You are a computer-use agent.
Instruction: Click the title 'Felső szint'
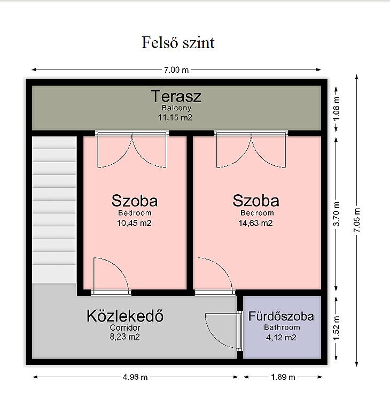178,42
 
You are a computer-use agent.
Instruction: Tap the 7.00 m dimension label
176,70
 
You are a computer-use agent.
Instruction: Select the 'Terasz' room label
176,96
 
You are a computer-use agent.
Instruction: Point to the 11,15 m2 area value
175,117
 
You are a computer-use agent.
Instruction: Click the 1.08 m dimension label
337,109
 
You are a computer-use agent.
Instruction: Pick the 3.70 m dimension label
337,214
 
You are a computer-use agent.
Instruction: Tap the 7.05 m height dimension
357,220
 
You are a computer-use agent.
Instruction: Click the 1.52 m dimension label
337,327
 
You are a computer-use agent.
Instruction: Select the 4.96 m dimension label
135,377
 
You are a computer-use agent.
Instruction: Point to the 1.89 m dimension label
283,377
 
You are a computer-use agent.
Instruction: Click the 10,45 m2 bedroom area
134,223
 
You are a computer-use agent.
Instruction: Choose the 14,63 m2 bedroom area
256,223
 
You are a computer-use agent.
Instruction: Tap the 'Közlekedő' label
125,316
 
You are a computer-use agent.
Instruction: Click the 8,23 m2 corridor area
125,337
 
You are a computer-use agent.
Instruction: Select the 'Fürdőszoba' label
281,316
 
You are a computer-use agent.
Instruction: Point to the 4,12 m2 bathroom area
281,338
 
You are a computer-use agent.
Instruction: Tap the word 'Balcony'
176,108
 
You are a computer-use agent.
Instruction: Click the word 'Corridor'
125,327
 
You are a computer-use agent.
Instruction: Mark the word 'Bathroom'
282,327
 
